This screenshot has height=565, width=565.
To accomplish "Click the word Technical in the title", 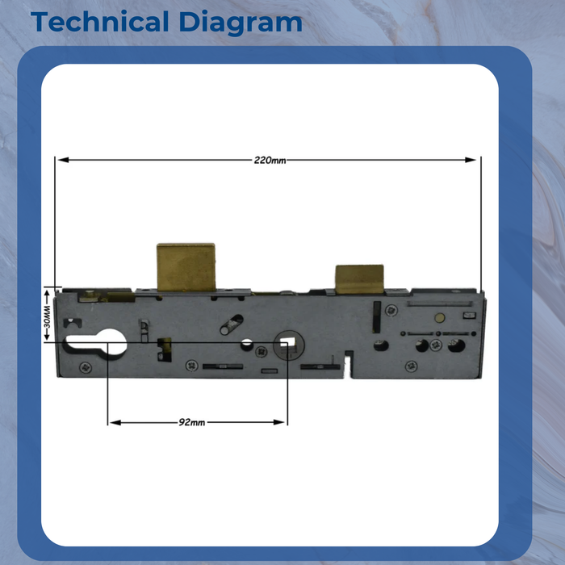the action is (100, 22).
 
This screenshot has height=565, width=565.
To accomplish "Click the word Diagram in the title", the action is (241, 23).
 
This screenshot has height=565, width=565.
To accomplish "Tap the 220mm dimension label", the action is (270, 161).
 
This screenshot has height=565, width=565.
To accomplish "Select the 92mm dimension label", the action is (192, 422).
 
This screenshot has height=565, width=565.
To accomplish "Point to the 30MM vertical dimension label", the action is (47, 316).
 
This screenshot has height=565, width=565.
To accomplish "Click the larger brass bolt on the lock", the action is (186, 267).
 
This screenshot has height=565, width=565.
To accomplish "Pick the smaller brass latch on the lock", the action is (359, 279).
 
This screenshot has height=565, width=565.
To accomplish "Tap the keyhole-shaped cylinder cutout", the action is (96, 342).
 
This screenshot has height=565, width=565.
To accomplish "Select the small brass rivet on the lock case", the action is (440, 317).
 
